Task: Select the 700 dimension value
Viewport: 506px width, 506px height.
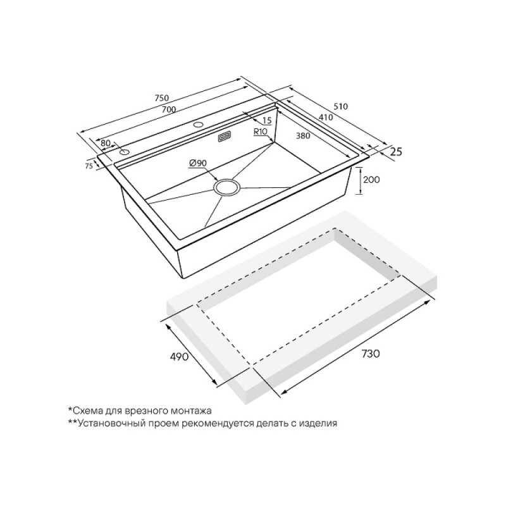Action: click(169, 109)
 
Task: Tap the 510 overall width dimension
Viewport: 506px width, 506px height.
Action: click(341, 106)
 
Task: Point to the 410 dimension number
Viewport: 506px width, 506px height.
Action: click(326, 118)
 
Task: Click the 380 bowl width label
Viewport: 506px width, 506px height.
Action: click(303, 136)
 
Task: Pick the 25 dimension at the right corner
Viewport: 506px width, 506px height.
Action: click(397, 151)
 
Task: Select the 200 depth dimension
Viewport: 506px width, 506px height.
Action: click(371, 180)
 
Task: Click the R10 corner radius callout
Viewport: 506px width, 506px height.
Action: click(261, 132)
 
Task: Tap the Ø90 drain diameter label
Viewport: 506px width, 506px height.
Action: click(197, 164)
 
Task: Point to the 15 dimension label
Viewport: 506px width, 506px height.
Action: click(268, 121)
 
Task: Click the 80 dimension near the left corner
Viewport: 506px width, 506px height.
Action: click(106, 143)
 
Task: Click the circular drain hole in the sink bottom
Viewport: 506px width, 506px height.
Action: click(227, 188)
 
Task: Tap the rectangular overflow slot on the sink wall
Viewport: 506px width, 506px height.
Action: click(224, 137)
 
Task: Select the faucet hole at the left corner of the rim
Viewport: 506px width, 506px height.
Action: click(124, 152)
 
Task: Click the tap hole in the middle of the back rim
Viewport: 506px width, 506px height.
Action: click(197, 124)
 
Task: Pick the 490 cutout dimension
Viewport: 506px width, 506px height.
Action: click(178, 357)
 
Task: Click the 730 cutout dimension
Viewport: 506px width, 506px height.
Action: click(370, 354)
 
